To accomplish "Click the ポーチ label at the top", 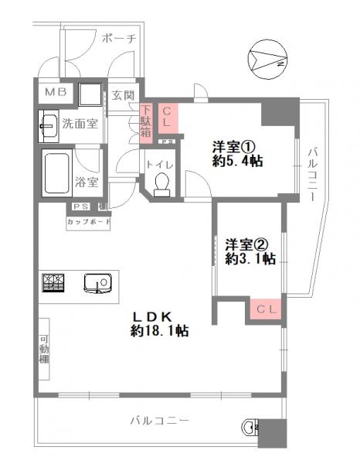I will click(x=118, y=38).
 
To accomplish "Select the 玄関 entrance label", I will click(x=122, y=95).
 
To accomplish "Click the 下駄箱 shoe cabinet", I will click(x=145, y=122).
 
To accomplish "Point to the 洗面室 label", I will click(x=80, y=123).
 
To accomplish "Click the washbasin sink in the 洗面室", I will click(x=47, y=122).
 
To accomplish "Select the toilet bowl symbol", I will click(x=161, y=183).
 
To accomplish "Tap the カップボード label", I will click(x=89, y=222).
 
